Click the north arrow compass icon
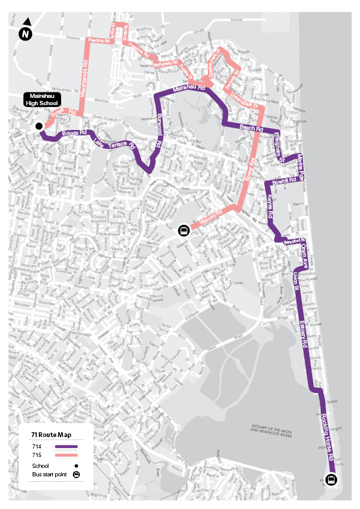pyautogui.click(x=25, y=33)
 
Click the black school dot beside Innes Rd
pyautogui.click(x=39, y=126)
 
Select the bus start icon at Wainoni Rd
pyautogui.click(x=183, y=230)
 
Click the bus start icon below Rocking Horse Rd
pyautogui.click(x=331, y=480)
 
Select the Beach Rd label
pyautogui.click(x=251, y=128)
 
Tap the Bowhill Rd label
pyautogui.click(x=284, y=181)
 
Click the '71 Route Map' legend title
pyautogui.click(x=51, y=435)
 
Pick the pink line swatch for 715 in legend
pyautogui.click(x=67, y=455)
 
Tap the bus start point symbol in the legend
pyautogui.click(x=76, y=475)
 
